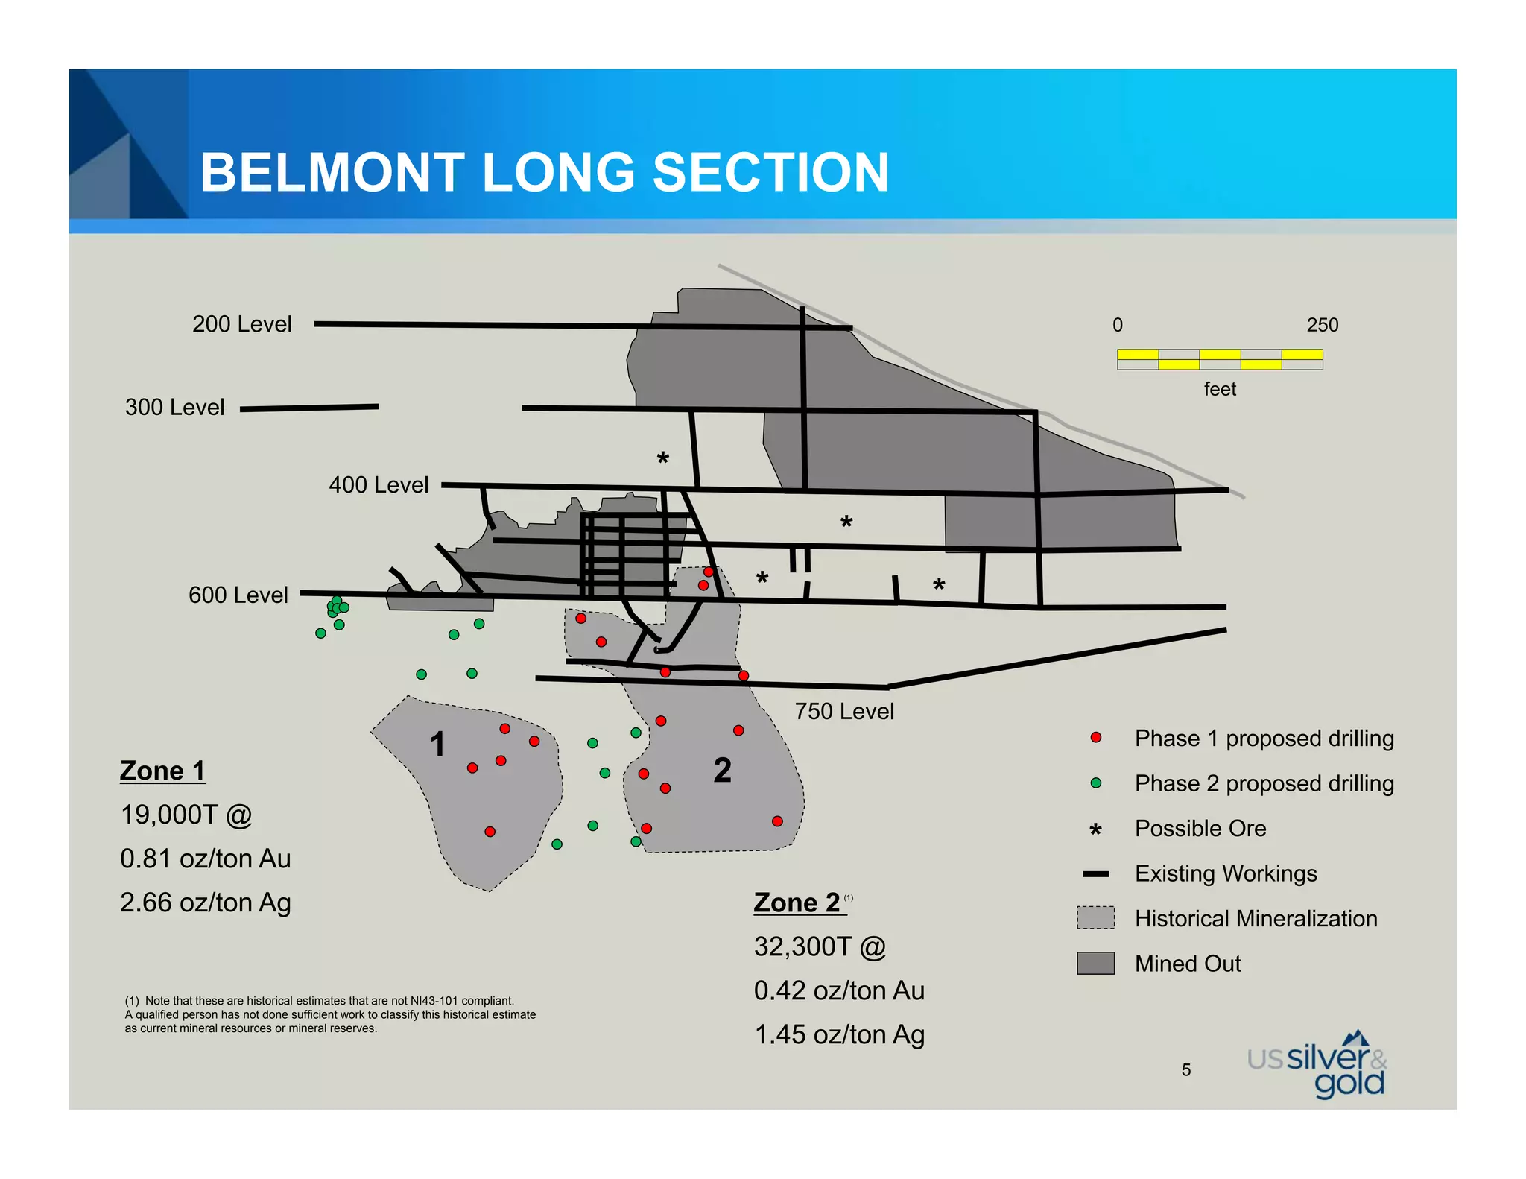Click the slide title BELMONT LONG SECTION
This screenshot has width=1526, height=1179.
(544, 172)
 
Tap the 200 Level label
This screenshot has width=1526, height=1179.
(241, 324)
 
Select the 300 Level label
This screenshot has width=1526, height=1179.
(174, 407)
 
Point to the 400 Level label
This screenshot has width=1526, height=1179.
(379, 485)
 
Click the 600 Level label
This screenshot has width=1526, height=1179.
(238, 595)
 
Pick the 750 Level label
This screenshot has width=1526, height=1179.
(843, 711)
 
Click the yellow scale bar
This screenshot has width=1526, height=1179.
(1219, 359)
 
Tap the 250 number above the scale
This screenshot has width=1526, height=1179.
(1322, 325)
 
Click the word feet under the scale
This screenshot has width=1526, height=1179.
(1219, 389)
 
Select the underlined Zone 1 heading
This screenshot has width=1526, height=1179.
(162, 771)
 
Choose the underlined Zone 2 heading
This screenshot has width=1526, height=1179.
(797, 903)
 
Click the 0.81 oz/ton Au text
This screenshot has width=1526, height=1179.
(205, 859)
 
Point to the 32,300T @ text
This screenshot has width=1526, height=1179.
(820, 946)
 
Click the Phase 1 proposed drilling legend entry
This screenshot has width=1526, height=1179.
(1264, 738)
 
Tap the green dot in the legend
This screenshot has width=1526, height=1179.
(1095, 783)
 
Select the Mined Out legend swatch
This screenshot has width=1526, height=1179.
(1095, 964)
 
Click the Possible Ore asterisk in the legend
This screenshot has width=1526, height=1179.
(1095, 829)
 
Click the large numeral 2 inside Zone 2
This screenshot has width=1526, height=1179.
(722, 770)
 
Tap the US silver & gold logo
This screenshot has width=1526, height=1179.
(1317, 1066)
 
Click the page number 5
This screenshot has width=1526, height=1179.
(1185, 1070)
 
